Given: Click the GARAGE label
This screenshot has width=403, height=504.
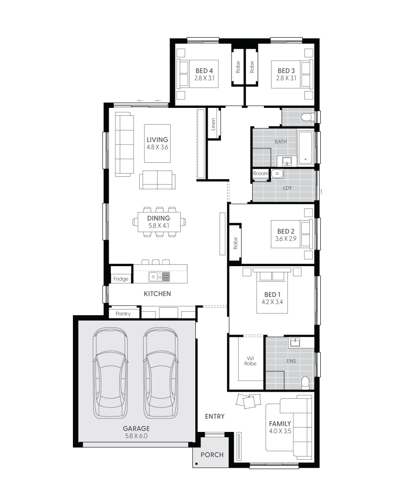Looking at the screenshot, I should tap(136, 428).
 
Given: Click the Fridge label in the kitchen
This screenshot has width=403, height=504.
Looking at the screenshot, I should tap(121, 279).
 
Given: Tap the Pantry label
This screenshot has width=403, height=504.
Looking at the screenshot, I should tap(123, 313).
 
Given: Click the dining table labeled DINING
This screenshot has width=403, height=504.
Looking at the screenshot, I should tap(159, 221).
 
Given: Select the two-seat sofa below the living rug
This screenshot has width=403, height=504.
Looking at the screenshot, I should tap(157, 180).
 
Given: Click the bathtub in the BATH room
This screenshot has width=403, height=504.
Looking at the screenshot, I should tap(305, 147).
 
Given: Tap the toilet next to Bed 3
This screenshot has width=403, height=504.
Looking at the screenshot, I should tap(307, 117).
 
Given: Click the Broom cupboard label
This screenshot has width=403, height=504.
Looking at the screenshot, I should tap(260, 174).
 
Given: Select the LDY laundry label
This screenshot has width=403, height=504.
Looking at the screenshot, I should tap(287, 188).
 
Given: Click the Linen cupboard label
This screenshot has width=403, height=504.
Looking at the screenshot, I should tap(213, 124).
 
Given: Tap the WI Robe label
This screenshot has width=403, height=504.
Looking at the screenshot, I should tap(250, 360).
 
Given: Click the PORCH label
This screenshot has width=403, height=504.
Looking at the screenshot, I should tap(212, 454).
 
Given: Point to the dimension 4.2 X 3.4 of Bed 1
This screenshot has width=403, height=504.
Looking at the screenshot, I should tap(272, 303).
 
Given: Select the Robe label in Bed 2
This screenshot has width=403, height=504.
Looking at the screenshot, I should tap(236, 243).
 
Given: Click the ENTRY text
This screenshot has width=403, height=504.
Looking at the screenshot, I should tap(215, 416).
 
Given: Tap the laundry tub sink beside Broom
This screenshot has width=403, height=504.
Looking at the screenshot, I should tap(277, 174).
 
